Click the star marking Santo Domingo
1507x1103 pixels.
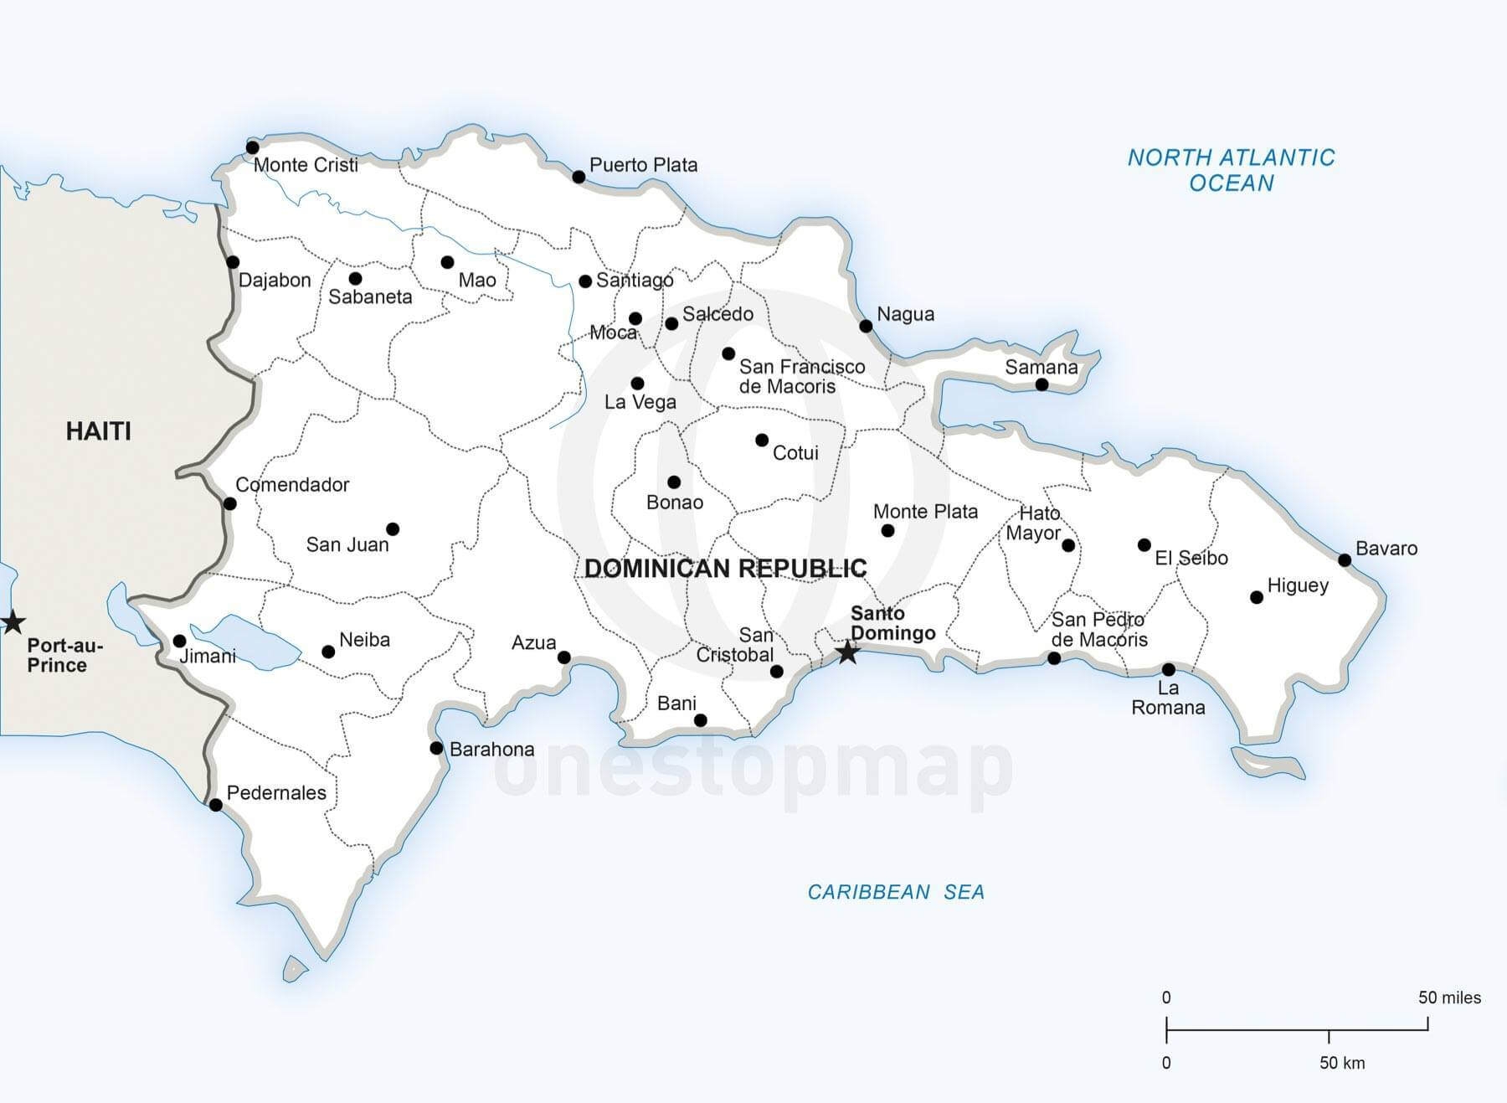coord(847,652)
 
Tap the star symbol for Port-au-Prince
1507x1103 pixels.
coord(12,622)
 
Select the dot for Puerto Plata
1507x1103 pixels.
coord(579,177)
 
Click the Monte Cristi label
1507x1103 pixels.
coord(306,165)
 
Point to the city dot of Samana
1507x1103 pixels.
coord(1042,385)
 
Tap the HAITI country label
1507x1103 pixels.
coord(99,431)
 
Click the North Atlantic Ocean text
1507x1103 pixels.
coord(1231,170)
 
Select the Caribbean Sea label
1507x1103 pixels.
coord(896,892)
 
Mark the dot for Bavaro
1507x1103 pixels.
coord(1345,560)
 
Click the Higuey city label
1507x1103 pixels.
coord(1298,585)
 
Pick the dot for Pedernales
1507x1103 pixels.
coord(216,805)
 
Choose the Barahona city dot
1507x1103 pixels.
coord(436,748)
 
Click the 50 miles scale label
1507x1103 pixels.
coord(1449,997)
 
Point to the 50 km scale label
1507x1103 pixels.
coord(1342,1063)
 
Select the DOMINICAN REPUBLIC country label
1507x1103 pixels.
coord(725,569)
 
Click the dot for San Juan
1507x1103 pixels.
coord(393,529)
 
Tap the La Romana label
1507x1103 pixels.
coord(1168,698)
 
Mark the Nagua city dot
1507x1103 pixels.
coord(867,326)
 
